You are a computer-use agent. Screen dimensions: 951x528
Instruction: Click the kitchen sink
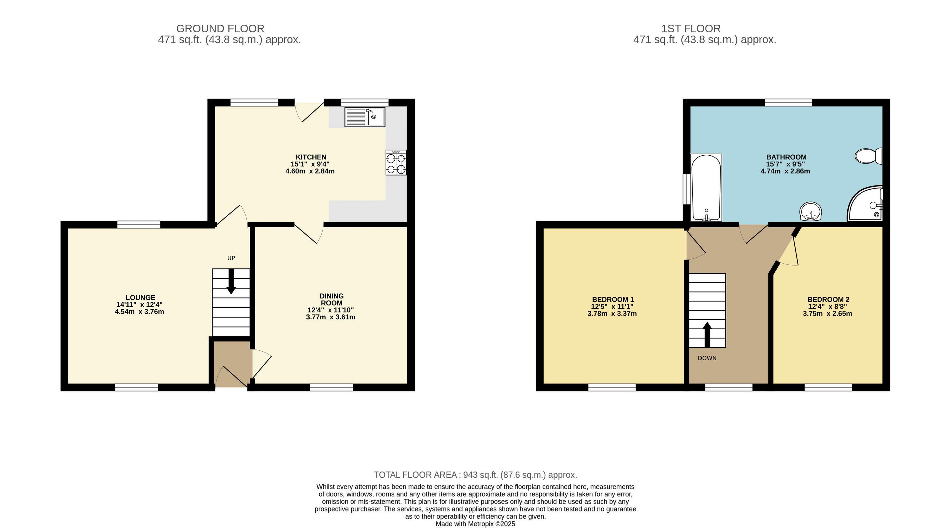[365, 117]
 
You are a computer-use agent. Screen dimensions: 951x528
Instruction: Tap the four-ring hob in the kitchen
[396, 163]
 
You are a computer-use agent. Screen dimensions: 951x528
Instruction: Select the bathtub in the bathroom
[706, 188]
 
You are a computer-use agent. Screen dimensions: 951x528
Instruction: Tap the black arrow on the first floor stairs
[707, 334]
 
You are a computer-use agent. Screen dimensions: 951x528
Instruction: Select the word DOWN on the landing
[707, 358]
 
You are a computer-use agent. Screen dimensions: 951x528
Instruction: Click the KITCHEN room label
[311, 157]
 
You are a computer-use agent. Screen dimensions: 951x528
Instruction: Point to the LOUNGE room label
[140, 297]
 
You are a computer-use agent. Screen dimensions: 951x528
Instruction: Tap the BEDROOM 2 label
[828, 300]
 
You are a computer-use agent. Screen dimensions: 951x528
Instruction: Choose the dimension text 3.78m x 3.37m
[612, 314]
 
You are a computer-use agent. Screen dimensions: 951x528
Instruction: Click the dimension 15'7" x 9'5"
[786, 164]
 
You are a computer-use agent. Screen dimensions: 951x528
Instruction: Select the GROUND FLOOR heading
[221, 28]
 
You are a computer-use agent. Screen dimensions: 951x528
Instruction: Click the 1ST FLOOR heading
[691, 28]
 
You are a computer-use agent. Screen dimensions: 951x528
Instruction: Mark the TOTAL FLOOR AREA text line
[475, 475]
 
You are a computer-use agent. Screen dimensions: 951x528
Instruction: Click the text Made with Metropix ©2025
[475, 524]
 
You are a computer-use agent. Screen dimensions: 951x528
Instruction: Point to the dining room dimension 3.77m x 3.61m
[331, 317]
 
